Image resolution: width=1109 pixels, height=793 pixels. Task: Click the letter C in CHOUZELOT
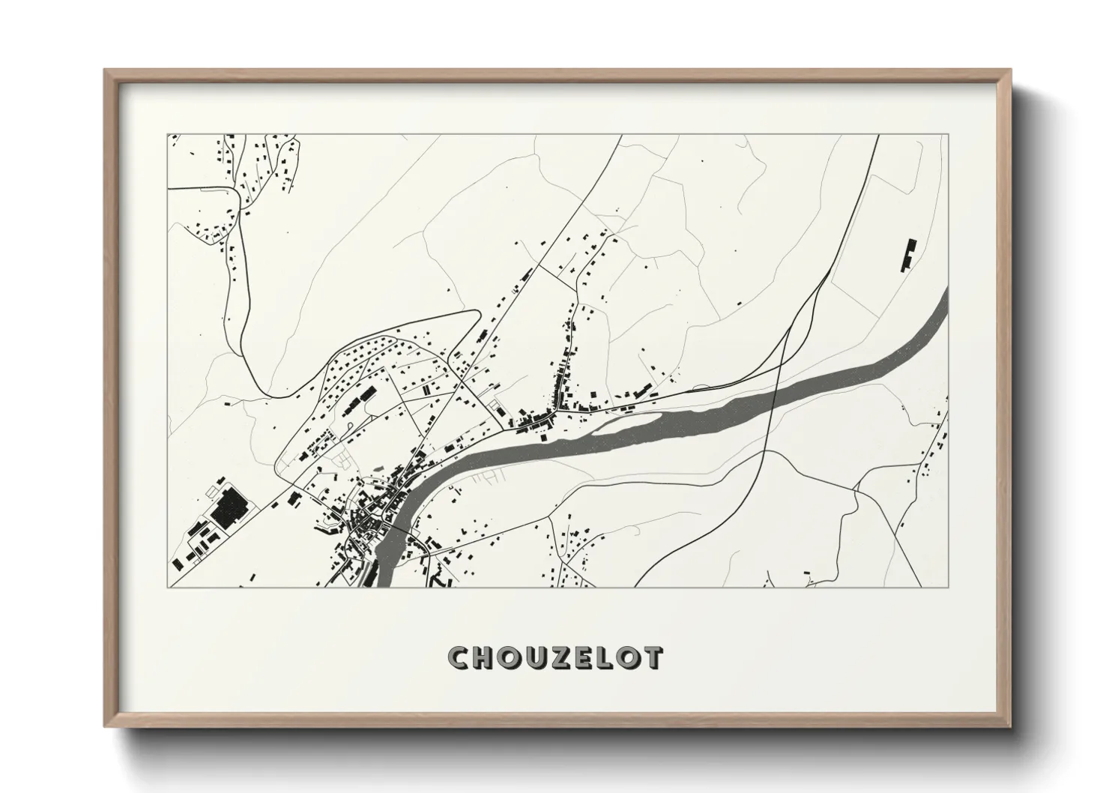tap(459, 657)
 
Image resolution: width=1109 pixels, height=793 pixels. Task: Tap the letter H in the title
tap(484, 657)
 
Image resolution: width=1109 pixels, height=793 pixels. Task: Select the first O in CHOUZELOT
tap(510, 657)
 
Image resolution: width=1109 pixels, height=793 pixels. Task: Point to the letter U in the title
tap(537, 657)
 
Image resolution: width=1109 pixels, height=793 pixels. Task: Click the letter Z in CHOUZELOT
tap(562, 657)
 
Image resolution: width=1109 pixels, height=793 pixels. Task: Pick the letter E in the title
tap(585, 657)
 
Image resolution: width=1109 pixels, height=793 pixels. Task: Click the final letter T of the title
tap(653, 657)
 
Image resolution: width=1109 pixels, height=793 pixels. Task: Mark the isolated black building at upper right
tap(909, 255)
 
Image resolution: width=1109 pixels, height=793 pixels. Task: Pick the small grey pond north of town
tap(495, 406)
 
